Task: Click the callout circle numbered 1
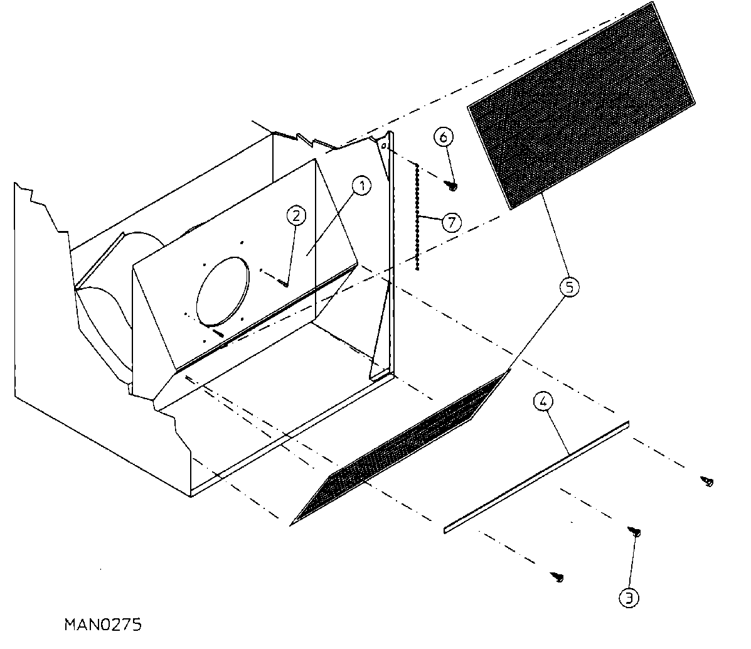[362, 185]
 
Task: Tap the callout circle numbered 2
[296, 215]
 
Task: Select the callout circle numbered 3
[629, 598]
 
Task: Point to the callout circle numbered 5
[568, 287]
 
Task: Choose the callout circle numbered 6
[444, 137]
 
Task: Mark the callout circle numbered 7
[451, 223]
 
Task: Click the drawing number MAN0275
[103, 625]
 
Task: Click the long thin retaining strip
[536, 477]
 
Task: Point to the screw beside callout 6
[452, 185]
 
